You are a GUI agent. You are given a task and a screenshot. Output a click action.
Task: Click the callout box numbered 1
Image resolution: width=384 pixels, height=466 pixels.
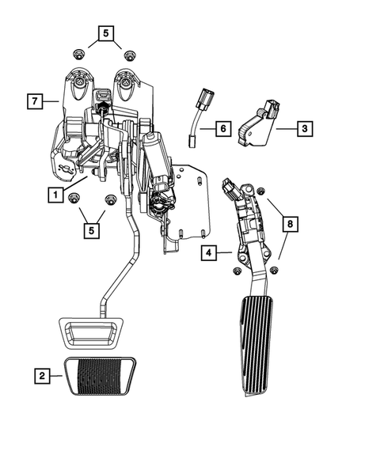point(55,194)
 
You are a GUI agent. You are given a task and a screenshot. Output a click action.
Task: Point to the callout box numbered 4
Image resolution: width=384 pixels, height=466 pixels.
point(209,253)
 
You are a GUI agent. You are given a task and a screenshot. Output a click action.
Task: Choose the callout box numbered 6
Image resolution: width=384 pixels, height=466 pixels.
point(222,127)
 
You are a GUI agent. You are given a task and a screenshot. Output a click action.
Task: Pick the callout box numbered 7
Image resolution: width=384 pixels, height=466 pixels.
point(33,101)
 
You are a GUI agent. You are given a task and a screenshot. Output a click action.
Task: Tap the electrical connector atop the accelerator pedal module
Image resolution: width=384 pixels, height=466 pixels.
point(231,189)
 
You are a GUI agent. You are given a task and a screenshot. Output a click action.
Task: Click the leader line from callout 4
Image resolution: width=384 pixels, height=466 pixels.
point(225,253)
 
